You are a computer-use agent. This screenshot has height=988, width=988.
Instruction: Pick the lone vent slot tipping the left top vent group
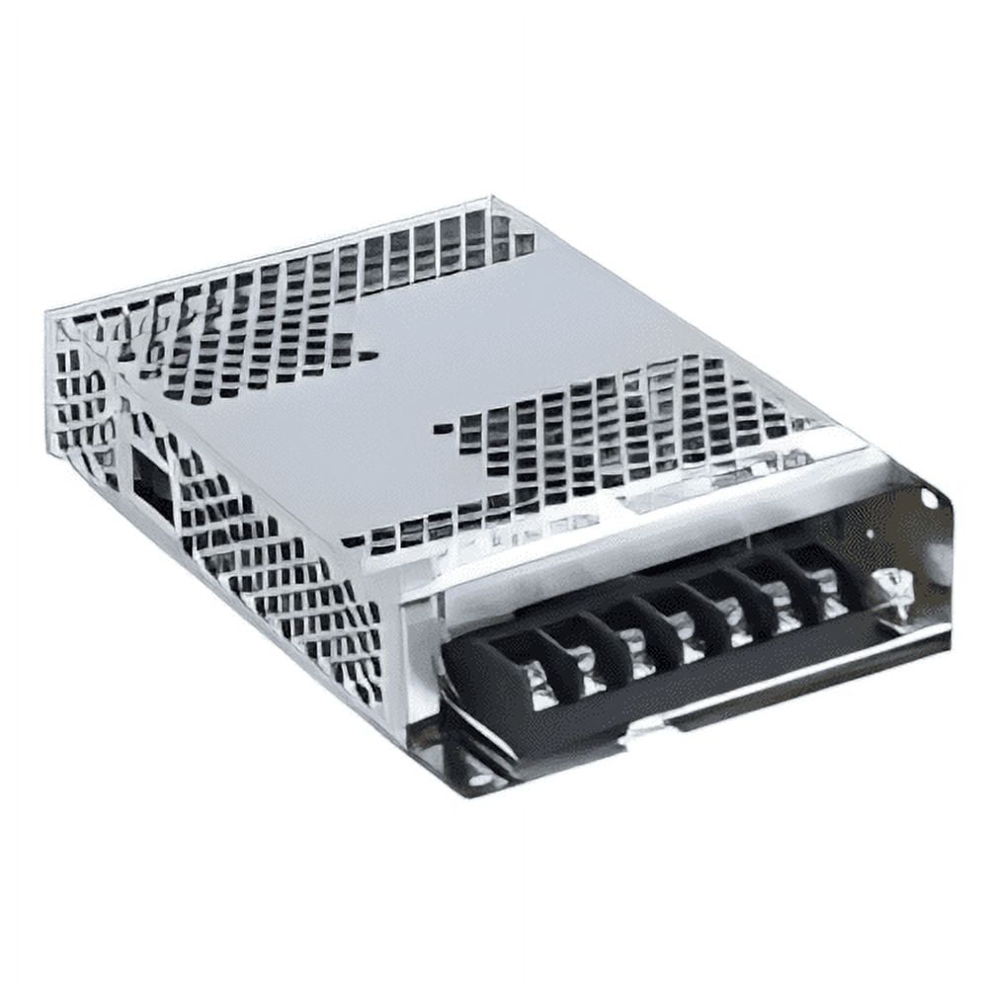368,355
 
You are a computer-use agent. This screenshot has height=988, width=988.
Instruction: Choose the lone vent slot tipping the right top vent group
444,430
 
